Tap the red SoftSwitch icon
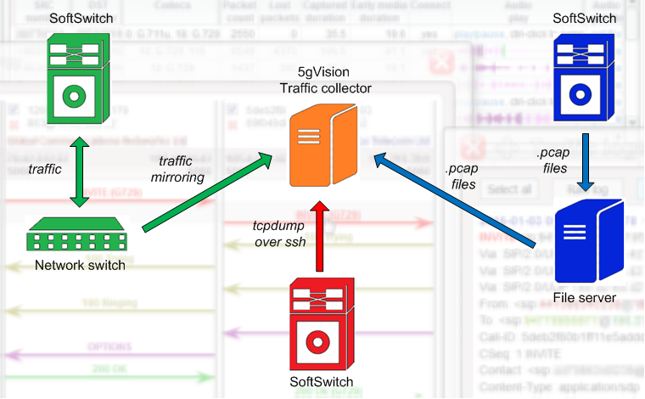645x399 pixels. point(317,323)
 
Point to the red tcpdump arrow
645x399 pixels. point(317,236)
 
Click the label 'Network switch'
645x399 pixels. point(80,265)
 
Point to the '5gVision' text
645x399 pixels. point(325,74)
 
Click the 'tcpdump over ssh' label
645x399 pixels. point(279,234)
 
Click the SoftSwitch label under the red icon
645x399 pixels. point(321,381)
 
